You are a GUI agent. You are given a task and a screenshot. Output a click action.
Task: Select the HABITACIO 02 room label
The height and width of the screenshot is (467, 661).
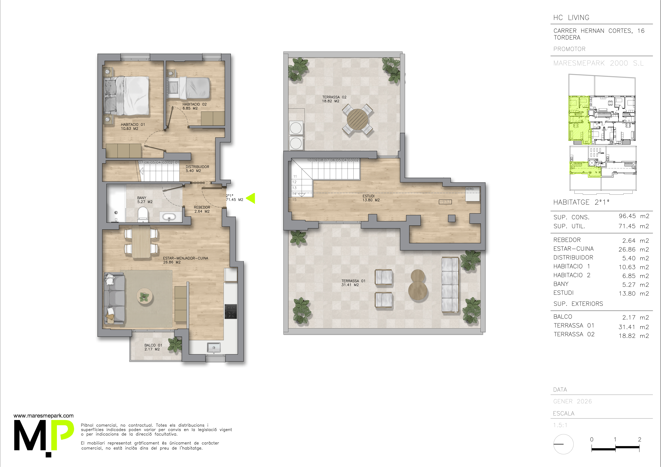coord(195,106)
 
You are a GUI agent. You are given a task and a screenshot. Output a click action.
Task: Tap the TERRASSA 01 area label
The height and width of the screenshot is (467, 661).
coord(353,283)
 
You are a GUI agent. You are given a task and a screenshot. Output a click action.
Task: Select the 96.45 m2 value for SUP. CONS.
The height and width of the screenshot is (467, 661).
coord(634,216)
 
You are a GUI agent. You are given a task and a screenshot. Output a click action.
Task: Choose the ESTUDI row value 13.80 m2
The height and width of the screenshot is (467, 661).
coord(634,294)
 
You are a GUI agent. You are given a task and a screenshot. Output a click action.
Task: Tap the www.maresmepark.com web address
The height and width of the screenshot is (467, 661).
coord(43,416)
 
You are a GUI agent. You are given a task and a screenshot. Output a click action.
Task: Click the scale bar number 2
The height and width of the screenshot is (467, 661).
coord(639,439)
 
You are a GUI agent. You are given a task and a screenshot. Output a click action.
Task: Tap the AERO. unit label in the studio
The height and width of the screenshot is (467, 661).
coord(470,189)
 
